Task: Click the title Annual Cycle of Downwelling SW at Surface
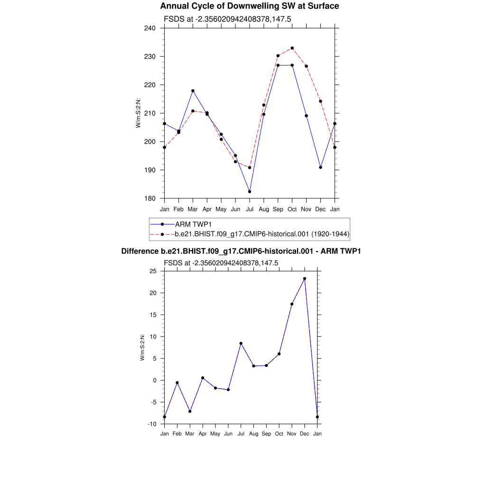click(x=250, y=6)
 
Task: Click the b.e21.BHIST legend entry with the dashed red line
click(x=262, y=234)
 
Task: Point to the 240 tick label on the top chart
click(x=150, y=28)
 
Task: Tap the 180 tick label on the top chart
click(x=150, y=198)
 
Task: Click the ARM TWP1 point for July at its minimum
click(x=250, y=191)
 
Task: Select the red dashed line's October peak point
click(x=292, y=48)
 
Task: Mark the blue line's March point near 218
click(x=193, y=91)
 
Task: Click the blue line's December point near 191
click(x=321, y=167)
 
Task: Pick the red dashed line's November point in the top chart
click(x=307, y=66)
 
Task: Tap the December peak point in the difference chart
click(x=305, y=279)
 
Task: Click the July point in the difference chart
click(x=241, y=343)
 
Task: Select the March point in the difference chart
click(x=190, y=411)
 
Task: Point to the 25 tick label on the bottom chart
click(x=153, y=271)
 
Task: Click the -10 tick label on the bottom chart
click(x=152, y=424)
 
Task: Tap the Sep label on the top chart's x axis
click(x=278, y=209)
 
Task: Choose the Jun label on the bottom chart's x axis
click(x=228, y=434)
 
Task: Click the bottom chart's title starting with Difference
click(x=241, y=251)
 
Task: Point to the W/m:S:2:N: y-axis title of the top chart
click(x=138, y=112)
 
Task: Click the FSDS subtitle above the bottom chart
click(x=221, y=262)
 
